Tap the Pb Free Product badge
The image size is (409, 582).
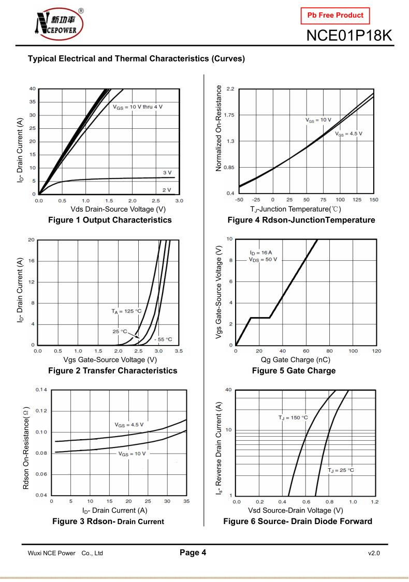tap(335, 15)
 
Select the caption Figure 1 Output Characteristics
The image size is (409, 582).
tap(110, 220)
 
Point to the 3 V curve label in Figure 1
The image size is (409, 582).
tap(167, 172)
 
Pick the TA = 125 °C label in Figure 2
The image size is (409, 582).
tap(126, 311)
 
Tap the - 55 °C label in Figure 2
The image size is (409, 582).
tap(163, 339)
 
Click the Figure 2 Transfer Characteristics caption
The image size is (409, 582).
tap(112, 370)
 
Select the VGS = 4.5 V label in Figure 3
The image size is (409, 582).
tap(129, 425)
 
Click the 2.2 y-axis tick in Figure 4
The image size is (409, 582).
tap(230, 89)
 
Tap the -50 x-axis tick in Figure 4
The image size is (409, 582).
tap(239, 200)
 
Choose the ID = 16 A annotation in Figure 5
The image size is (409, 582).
tap(260, 252)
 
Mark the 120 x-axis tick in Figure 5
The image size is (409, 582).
tap(376, 351)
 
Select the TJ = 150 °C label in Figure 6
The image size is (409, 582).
tap(293, 417)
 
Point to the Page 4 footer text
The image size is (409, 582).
tap(193, 553)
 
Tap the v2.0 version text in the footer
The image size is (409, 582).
tap(374, 553)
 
